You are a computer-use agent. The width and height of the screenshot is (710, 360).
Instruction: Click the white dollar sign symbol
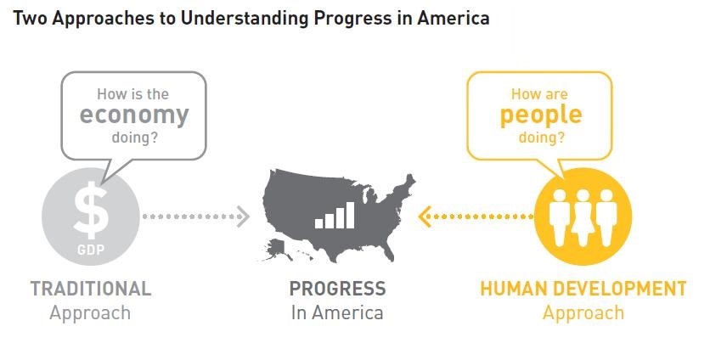[x=91, y=210]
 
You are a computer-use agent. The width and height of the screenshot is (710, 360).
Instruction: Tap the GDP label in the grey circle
[x=91, y=250]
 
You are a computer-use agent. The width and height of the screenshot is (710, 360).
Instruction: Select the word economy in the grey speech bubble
[x=134, y=116]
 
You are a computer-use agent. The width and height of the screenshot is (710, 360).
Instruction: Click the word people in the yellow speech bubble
[x=541, y=116]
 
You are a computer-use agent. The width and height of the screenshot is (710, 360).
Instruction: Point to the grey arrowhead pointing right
[x=243, y=217]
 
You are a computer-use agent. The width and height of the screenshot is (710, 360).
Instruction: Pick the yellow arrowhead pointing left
[x=425, y=217]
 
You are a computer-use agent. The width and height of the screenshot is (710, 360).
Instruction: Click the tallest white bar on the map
[x=350, y=215]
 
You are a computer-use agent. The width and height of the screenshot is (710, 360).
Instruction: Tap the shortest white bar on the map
[x=319, y=223]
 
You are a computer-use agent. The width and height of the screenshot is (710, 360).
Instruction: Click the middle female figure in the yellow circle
[x=583, y=217]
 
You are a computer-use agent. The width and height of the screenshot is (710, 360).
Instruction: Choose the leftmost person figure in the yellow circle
[x=559, y=217]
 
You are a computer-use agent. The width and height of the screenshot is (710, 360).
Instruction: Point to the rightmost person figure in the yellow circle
[x=606, y=217]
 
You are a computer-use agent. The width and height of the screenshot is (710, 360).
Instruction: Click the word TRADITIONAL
[x=91, y=289]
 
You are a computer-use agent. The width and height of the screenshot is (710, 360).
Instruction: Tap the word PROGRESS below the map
[x=337, y=289]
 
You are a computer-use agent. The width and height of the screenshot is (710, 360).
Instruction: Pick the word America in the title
[x=453, y=18]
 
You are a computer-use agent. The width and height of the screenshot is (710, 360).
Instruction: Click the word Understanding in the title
[x=245, y=19]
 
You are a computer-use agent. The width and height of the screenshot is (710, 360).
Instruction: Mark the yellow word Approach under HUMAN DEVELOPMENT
[x=583, y=313]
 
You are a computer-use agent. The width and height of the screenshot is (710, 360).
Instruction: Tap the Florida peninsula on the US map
[x=387, y=252]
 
